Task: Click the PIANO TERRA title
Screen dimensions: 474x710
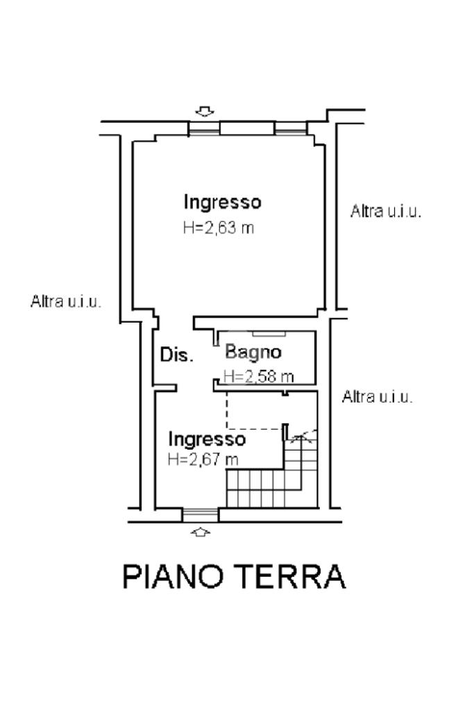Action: [x=234, y=577]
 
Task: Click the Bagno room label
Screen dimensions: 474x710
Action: [x=253, y=352]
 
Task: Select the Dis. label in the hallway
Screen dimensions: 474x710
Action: [x=176, y=355]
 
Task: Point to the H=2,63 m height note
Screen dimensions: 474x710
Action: [x=219, y=228]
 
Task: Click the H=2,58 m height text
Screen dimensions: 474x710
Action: [x=258, y=376]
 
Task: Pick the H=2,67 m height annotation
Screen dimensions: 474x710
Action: [x=203, y=459]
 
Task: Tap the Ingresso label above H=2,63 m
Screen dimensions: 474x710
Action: [x=222, y=202]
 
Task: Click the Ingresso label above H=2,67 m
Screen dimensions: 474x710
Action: [x=207, y=439]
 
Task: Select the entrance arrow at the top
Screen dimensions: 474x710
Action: [x=204, y=111]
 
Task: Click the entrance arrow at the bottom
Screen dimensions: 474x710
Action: [x=201, y=532]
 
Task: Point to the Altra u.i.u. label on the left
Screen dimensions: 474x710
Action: [x=66, y=302]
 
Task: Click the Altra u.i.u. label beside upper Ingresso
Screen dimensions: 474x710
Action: [x=386, y=212]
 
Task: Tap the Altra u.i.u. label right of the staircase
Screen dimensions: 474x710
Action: [x=378, y=397]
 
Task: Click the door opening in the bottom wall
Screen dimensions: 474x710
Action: [x=200, y=514]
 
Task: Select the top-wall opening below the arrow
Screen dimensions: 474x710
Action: [x=205, y=128]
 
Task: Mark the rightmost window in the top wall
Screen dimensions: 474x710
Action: [x=290, y=128]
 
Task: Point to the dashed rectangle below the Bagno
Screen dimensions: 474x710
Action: [x=254, y=409]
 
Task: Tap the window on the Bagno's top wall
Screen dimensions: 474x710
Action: [x=264, y=335]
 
